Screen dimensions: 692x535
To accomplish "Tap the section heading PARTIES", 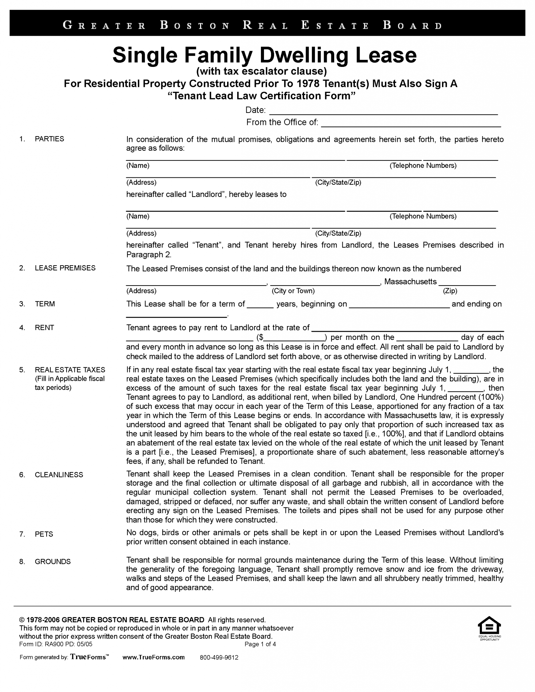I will (49, 139).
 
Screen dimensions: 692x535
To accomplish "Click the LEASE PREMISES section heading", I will (65, 268).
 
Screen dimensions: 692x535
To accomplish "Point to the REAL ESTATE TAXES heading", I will (70, 370).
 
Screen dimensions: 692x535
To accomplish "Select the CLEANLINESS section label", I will (59, 475).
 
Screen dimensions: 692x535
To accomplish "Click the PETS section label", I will (44, 534).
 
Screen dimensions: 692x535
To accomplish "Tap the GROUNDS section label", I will (53, 562).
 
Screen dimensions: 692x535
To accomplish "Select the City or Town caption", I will (293, 291).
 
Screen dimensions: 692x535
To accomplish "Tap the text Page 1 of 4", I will (260, 644).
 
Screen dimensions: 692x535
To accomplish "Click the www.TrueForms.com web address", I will (153, 657).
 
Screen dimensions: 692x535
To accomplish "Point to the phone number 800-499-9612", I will (219, 658).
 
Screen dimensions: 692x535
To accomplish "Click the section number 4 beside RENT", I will (22, 328).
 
